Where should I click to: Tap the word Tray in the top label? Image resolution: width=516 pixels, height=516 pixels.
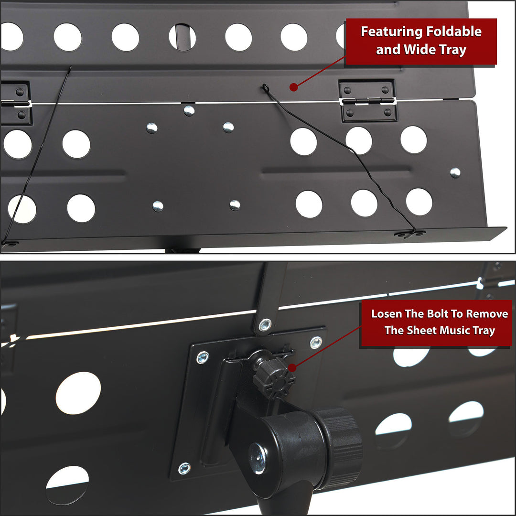point(453,50)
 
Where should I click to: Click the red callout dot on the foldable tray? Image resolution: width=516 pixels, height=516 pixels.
point(293,87)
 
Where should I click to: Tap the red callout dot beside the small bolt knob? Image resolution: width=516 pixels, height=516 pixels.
point(292,367)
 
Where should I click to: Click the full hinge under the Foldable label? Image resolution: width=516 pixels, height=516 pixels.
point(367,101)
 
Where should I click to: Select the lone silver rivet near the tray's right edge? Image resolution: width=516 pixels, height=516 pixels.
point(455,172)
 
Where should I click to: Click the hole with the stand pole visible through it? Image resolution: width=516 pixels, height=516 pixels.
point(182,37)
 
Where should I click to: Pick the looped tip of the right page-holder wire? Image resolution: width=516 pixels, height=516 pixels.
point(265,87)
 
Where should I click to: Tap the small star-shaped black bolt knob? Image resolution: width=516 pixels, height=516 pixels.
point(273,377)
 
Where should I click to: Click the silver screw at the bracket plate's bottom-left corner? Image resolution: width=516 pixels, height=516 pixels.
point(184,468)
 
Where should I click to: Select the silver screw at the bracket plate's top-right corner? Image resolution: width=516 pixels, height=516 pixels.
point(316,343)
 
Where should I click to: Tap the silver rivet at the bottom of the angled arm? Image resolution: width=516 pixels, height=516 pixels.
point(265,325)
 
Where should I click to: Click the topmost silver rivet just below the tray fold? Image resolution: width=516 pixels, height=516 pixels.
point(189,111)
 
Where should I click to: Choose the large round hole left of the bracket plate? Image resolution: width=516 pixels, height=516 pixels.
point(78,393)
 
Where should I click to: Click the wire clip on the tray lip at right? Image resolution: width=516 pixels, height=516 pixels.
point(410,234)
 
